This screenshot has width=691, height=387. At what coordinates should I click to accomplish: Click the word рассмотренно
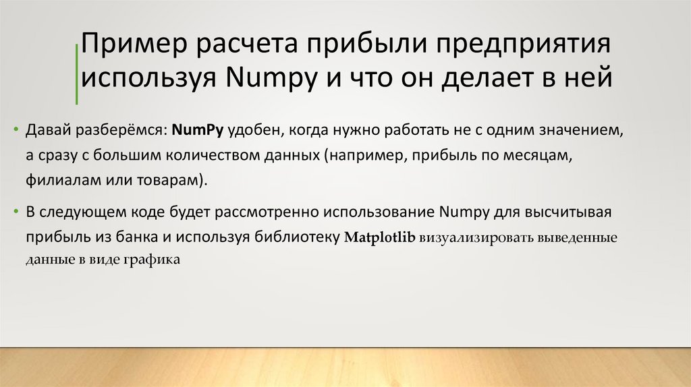[264, 213]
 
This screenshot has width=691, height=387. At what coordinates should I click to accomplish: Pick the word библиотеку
[298, 237]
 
